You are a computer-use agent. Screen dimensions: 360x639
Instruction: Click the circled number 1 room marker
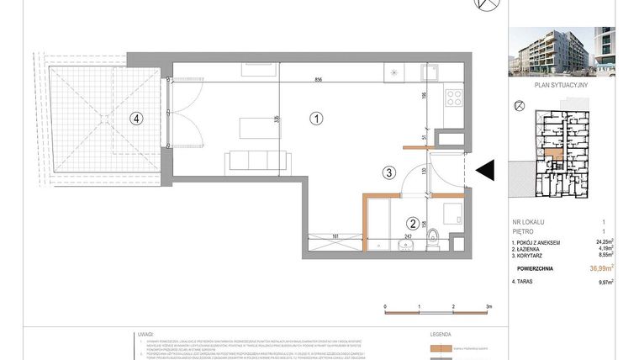pos(316,119)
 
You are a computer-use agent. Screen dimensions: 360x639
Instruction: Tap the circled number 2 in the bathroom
pos(412,224)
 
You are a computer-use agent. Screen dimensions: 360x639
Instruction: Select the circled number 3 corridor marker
pos(388,174)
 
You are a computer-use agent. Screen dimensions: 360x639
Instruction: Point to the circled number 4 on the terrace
pos(136,119)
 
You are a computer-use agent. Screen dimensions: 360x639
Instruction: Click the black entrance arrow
pos(485,171)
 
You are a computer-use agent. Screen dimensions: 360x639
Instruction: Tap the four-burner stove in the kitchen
pos(454,97)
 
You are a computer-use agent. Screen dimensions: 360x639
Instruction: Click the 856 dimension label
pos(319,80)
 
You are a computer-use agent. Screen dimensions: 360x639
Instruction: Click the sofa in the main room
pos(257,160)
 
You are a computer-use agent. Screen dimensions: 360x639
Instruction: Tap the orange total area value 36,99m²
pos(601,268)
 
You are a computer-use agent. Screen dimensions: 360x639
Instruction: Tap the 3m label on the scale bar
pos(488,308)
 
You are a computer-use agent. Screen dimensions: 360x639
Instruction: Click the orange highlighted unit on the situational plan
pos(551,154)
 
